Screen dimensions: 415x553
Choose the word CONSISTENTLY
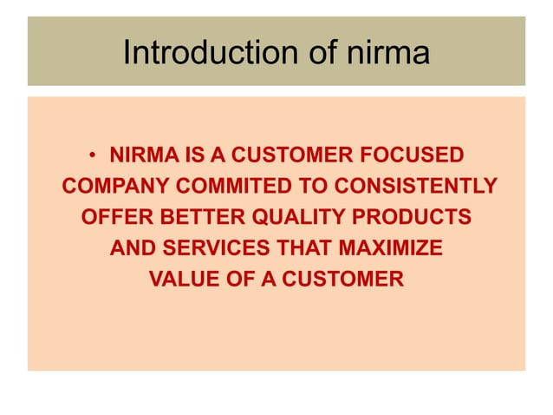click(416, 188)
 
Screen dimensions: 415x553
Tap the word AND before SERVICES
click(132, 248)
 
